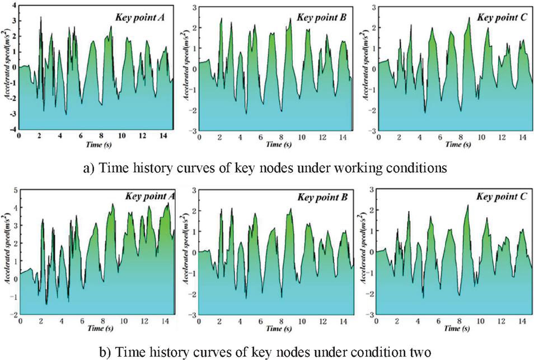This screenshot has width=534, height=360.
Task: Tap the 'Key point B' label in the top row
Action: [321, 17]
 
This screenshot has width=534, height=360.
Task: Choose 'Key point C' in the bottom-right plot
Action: [499, 197]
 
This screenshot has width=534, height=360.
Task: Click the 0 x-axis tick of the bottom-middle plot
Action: [198, 321]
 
